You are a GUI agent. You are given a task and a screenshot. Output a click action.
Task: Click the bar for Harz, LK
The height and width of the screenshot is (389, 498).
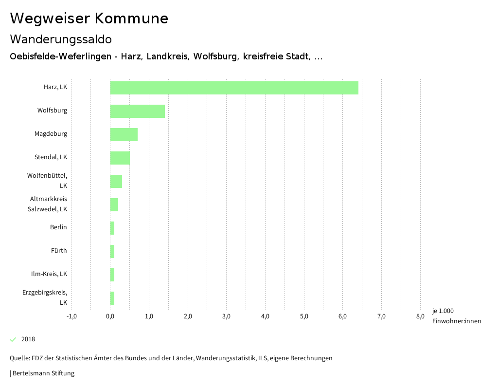pyautogui.click(x=234, y=88)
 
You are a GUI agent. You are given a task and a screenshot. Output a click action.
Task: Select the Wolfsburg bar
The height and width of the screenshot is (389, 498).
pyautogui.click(x=138, y=111)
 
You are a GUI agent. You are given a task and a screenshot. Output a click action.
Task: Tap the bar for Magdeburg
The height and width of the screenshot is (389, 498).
pyautogui.click(x=124, y=134)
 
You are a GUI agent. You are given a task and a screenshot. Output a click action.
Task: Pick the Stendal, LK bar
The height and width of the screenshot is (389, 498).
pyautogui.click(x=120, y=158)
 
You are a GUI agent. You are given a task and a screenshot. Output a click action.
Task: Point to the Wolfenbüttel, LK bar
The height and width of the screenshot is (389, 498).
pyautogui.click(x=116, y=181)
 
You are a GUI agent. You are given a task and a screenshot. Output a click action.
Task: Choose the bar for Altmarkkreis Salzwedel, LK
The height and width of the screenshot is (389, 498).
pyautogui.click(x=114, y=204)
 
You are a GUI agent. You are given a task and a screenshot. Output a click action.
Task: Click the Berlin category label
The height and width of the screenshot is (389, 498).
pyautogui.click(x=58, y=227)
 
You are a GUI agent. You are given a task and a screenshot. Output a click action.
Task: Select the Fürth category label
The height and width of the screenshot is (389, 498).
pyautogui.click(x=59, y=251)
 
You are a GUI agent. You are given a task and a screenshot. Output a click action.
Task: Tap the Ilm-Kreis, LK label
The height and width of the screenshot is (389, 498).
pyautogui.click(x=49, y=274)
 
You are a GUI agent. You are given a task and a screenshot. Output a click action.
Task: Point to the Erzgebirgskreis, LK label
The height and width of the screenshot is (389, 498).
pyautogui.click(x=45, y=297)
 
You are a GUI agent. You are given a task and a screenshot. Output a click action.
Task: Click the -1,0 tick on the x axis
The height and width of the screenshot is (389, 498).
pyautogui.click(x=71, y=316)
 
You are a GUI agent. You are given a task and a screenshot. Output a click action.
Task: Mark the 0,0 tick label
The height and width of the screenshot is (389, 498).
pyautogui.click(x=110, y=316)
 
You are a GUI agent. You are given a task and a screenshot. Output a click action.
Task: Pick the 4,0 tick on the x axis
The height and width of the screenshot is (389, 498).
pyautogui.click(x=265, y=316)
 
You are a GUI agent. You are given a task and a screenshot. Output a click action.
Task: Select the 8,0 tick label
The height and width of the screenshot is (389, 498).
pyautogui.click(x=420, y=316)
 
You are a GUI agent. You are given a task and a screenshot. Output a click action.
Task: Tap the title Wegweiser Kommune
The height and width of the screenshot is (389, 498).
pyautogui.click(x=89, y=19)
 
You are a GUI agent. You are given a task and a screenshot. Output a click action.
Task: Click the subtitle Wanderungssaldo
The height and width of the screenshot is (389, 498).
pyautogui.click(x=61, y=39)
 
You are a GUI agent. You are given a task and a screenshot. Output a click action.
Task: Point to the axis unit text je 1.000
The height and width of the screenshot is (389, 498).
pyautogui.click(x=443, y=311)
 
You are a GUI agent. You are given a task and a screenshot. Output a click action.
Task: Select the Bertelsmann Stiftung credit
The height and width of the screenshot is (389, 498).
pyautogui.click(x=43, y=373)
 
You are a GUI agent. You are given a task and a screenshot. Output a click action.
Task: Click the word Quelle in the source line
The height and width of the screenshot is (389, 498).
pyautogui.click(x=19, y=358)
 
